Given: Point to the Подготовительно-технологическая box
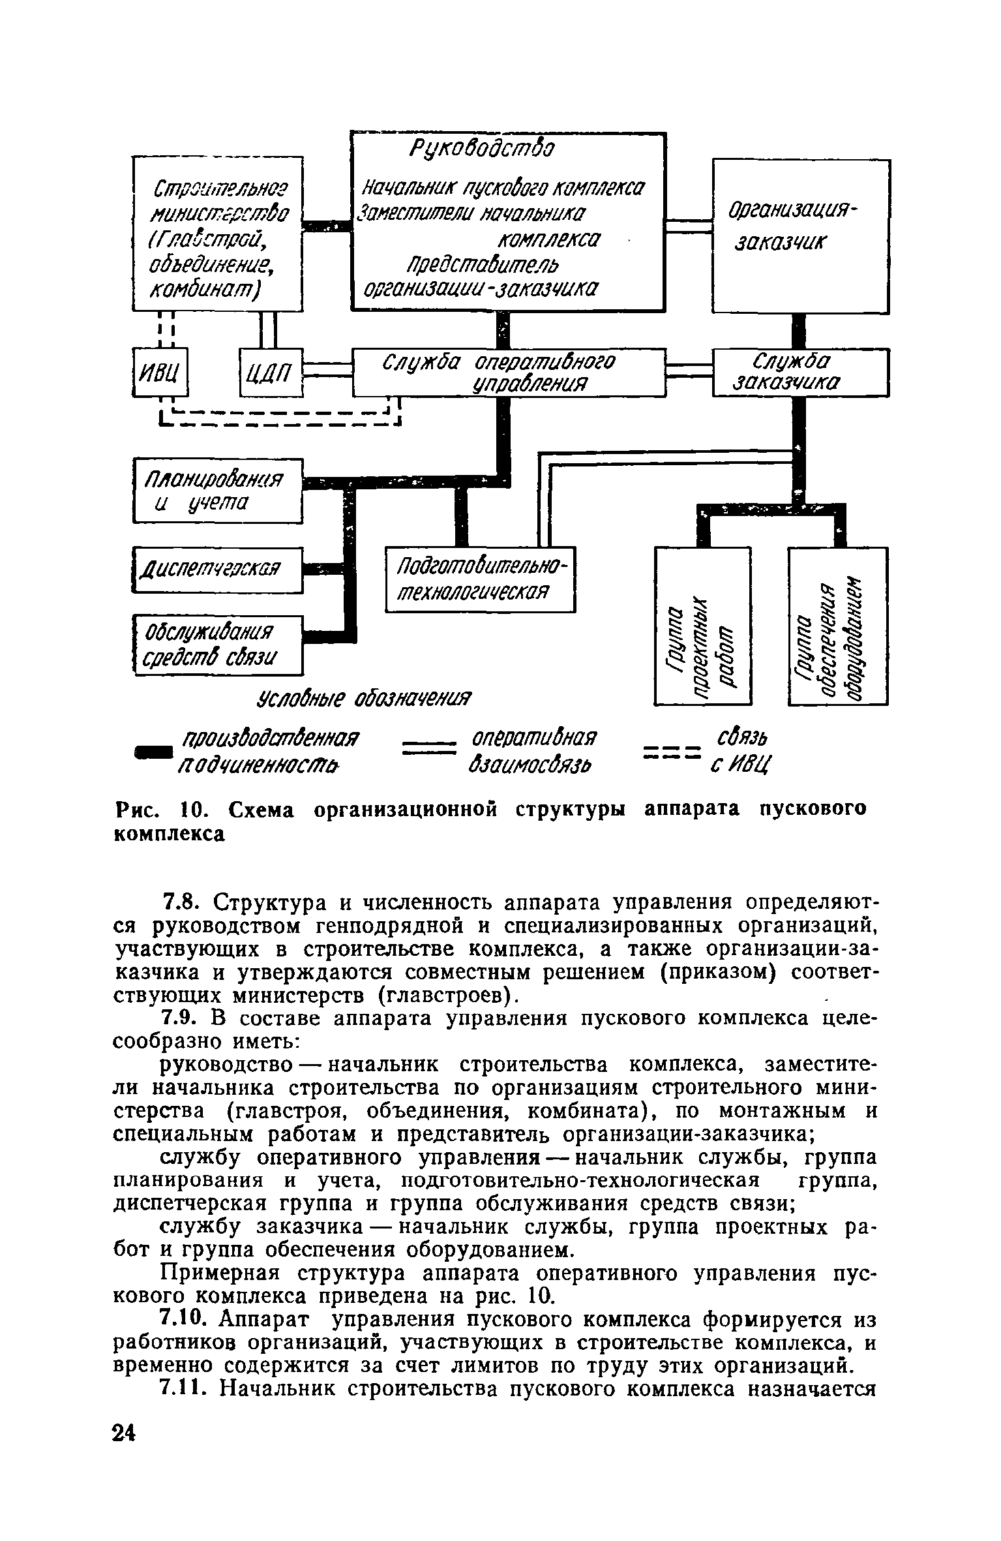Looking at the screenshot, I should pos(480,578).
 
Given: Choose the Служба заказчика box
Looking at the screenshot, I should pos(800,373).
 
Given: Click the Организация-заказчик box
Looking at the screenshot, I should pos(800,236).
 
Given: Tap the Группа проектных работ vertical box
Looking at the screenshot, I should pos(702,626).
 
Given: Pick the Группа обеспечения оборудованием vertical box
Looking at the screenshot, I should pos(837,626).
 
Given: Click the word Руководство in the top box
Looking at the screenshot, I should pos(481,149).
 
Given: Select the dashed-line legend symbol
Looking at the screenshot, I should pos(671,753).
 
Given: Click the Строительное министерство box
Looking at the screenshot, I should pos(218,234).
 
